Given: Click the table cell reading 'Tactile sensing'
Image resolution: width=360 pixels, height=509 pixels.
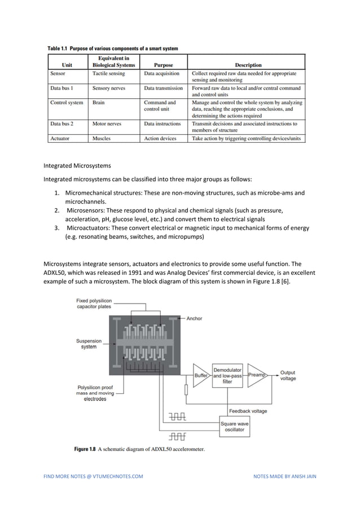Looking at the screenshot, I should [108, 73].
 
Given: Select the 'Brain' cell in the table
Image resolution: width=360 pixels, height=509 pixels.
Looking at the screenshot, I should [99, 103].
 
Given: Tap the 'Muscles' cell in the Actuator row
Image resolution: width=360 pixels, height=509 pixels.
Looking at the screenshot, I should [102, 138].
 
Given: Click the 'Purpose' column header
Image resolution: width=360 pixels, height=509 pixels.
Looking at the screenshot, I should [163, 65].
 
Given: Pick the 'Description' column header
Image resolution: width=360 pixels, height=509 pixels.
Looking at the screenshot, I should [246, 65].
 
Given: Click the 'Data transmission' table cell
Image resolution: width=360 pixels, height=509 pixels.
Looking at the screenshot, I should [163, 88].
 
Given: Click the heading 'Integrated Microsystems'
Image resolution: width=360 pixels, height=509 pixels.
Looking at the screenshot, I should [77, 166].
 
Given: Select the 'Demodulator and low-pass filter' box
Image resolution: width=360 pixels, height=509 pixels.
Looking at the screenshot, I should [227, 375].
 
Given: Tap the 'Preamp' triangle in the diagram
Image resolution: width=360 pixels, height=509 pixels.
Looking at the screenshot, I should [257, 375].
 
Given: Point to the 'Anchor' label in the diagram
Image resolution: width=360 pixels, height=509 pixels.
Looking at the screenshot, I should [194, 319].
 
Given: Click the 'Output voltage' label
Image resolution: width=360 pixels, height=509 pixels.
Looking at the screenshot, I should [288, 375].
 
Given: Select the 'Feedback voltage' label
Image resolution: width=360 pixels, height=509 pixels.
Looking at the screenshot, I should [248, 411].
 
